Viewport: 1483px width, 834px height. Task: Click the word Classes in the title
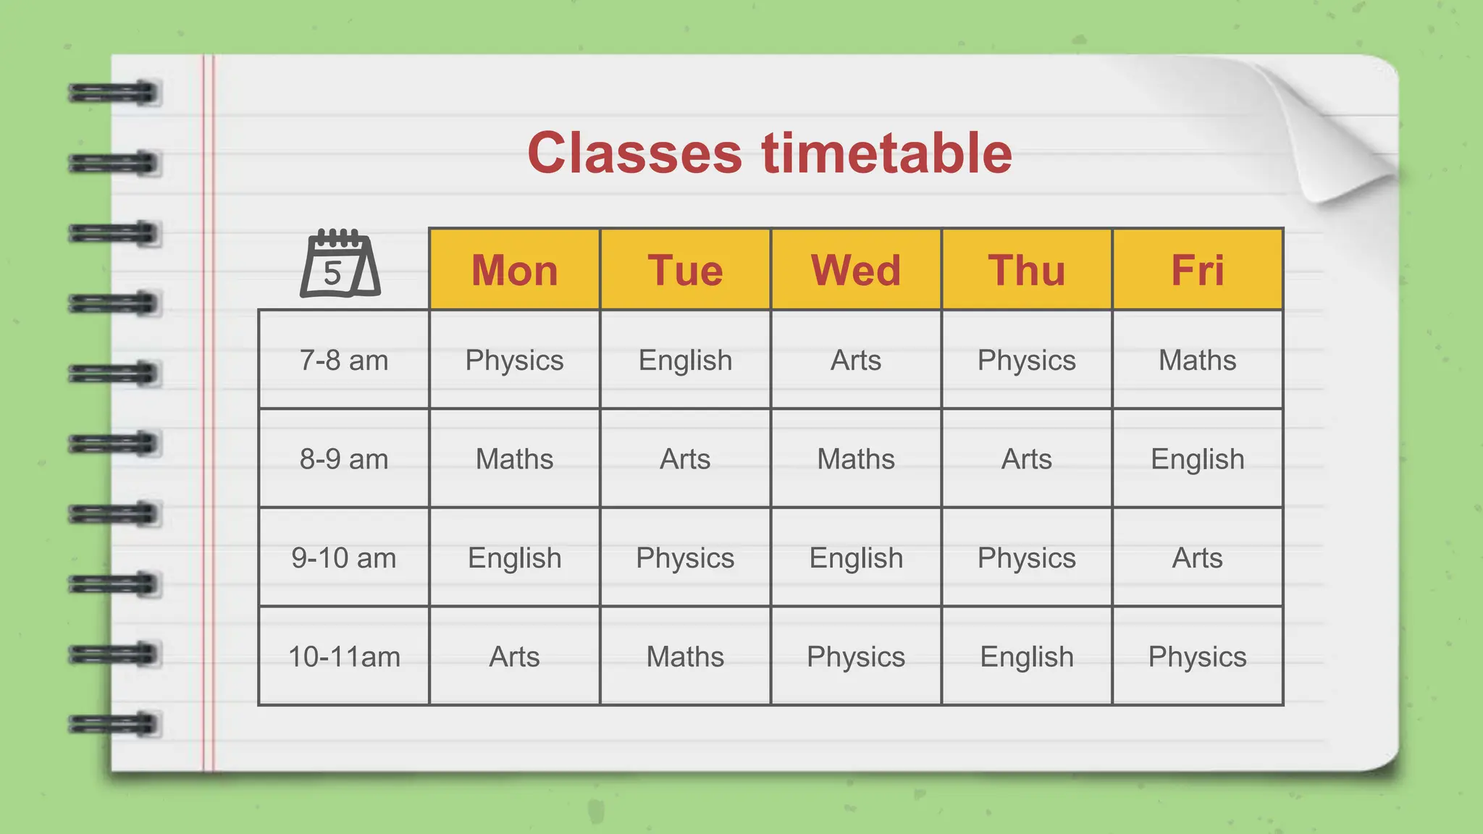pyautogui.click(x=634, y=153)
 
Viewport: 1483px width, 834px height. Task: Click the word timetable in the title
pyautogui.click(x=886, y=153)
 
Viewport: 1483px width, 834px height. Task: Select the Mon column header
pyautogui.click(x=514, y=270)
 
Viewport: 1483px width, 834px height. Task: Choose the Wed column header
pyautogui.click(x=856, y=270)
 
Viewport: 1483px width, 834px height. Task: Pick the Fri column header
pyautogui.click(x=1197, y=270)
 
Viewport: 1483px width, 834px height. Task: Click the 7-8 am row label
pyautogui.click(x=344, y=360)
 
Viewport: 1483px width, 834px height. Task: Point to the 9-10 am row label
pyautogui.click(x=344, y=558)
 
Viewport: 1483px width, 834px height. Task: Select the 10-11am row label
pyautogui.click(x=344, y=657)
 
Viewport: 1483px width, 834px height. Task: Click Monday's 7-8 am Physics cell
pyautogui.click(x=514, y=360)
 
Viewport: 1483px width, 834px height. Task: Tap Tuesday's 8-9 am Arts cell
pyautogui.click(x=685, y=459)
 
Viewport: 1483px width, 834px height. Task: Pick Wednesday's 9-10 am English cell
pyautogui.click(x=856, y=558)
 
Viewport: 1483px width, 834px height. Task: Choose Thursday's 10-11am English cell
pyautogui.click(x=1027, y=657)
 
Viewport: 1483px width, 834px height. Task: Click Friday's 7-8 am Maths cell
pyautogui.click(x=1197, y=360)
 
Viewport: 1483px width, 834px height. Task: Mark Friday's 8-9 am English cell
pyautogui.click(x=1197, y=459)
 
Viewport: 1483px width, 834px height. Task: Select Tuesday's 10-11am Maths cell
pyautogui.click(x=685, y=657)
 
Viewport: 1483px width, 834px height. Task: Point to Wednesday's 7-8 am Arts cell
pyautogui.click(x=856, y=360)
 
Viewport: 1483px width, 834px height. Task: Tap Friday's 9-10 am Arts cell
pyautogui.click(x=1197, y=558)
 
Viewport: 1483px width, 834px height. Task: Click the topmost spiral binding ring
pyautogui.click(x=114, y=93)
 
